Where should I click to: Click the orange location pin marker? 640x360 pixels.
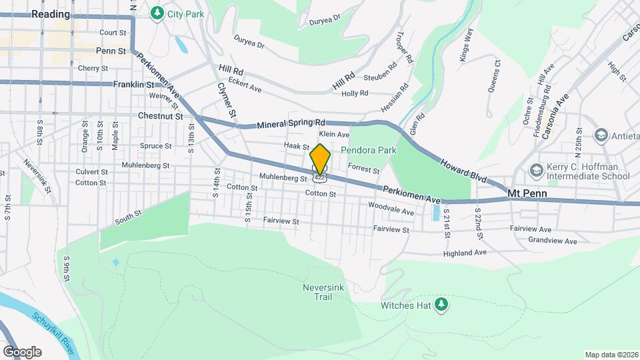pos(320,159)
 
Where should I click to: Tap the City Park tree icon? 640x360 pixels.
pos(157,13)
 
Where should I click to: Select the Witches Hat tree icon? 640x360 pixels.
pos(441,305)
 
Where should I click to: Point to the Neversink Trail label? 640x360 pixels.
pos(323,291)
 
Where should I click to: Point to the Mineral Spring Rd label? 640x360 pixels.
pos(291,124)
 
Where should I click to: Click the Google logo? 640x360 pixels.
pos(22,351)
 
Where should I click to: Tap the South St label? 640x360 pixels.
pos(128,216)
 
